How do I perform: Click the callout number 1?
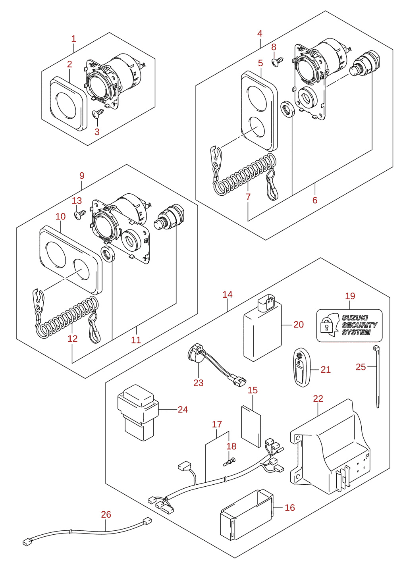tap(74, 39)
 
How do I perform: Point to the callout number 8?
tap(274, 47)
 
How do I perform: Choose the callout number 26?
tap(106, 514)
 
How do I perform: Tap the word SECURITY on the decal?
tap(359, 325)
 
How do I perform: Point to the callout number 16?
tap(289, 508)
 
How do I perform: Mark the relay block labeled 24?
tap(138, 412)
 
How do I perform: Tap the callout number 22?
tap(318, 399)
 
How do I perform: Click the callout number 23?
tap(198, 383)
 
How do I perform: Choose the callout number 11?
tap(136, 340)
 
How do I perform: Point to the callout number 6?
tap(315, 200)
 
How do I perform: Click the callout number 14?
tap(228, 295)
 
